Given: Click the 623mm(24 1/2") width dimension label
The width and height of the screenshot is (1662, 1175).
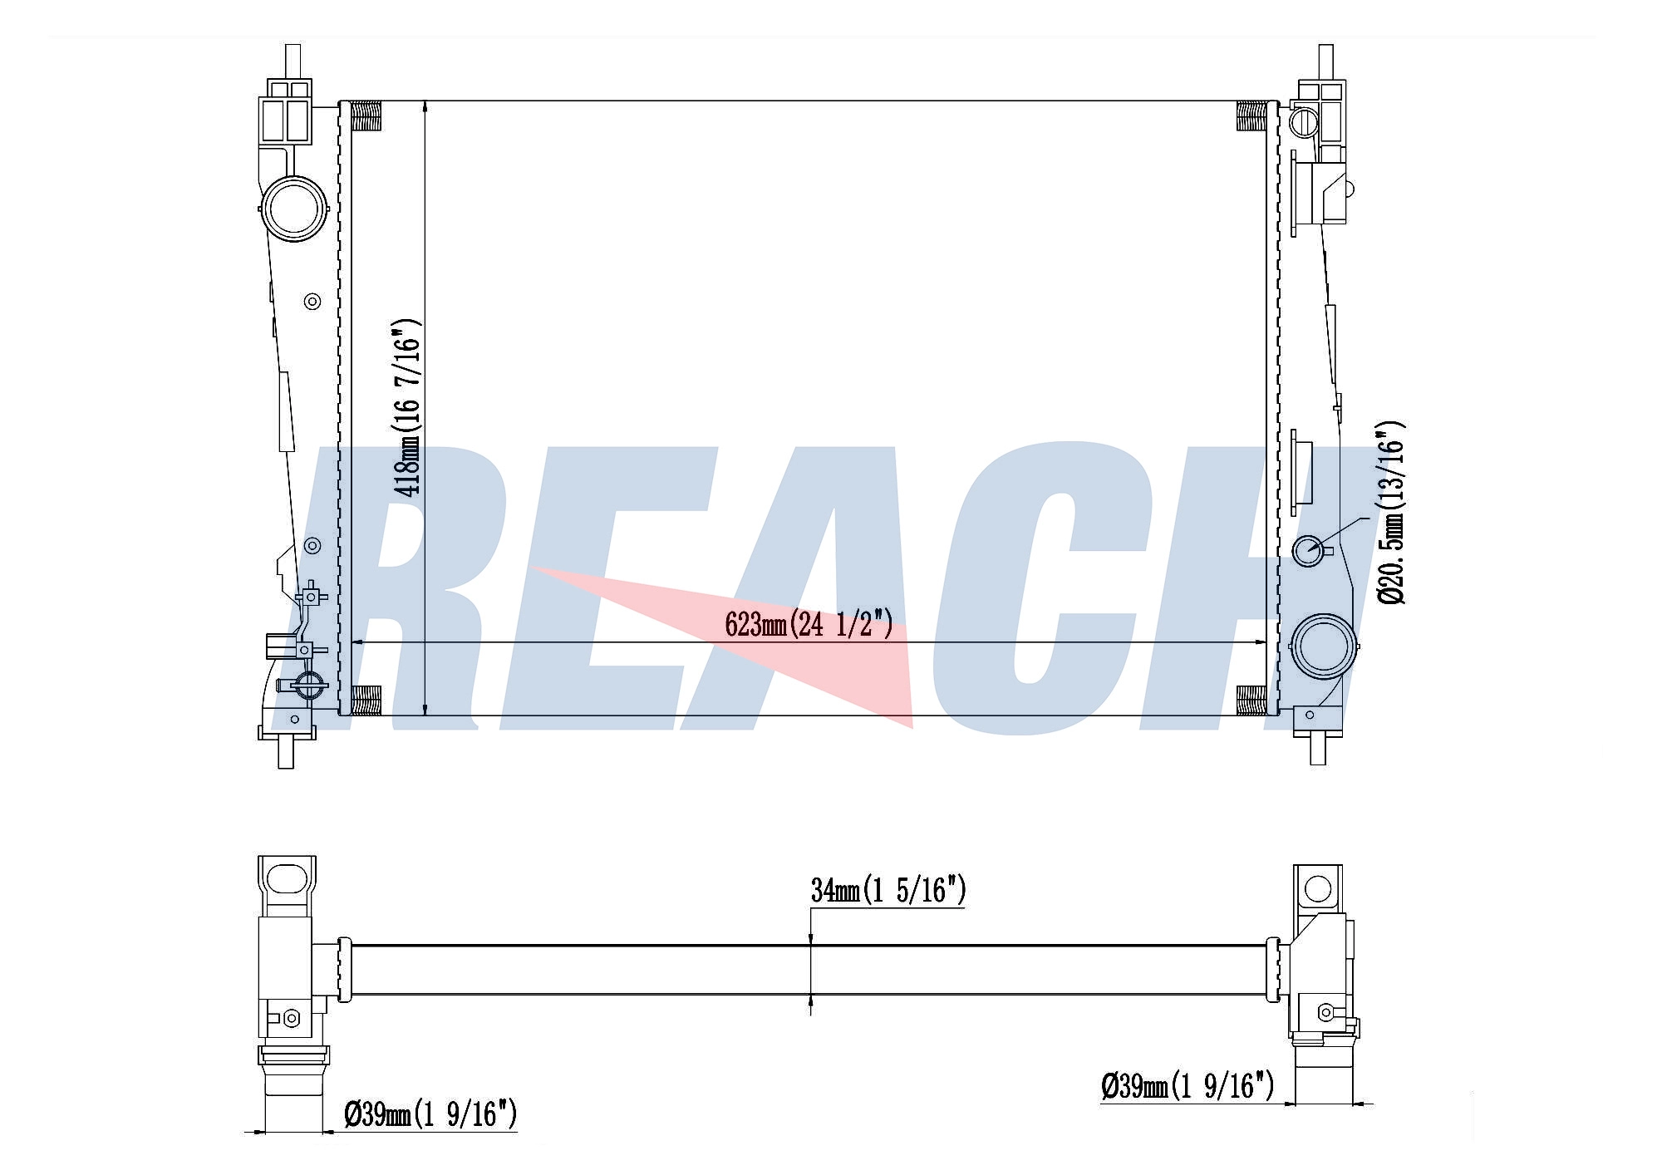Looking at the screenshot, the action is (809, 623).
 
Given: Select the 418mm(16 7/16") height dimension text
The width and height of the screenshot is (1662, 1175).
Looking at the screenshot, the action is (407, 407).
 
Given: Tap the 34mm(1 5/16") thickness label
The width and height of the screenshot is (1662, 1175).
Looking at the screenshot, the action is (888, 890).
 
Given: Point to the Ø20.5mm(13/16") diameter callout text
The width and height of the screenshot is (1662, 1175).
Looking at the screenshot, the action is (1390, 512).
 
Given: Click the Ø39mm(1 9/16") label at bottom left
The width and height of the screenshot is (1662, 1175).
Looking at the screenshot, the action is (430, 1114).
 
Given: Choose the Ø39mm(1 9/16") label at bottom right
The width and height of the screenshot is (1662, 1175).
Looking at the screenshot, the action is (1187, 1085).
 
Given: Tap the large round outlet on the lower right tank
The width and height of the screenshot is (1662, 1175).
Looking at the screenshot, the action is (1323, 646).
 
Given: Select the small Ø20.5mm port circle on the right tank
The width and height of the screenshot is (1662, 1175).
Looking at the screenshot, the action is (1309, 550).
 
